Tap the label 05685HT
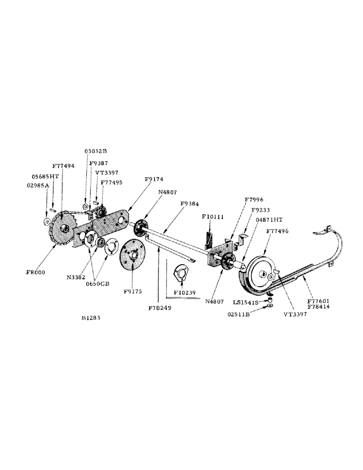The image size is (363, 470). point(45,177)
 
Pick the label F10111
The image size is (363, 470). point(213,217)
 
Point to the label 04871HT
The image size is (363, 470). point(269,219)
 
